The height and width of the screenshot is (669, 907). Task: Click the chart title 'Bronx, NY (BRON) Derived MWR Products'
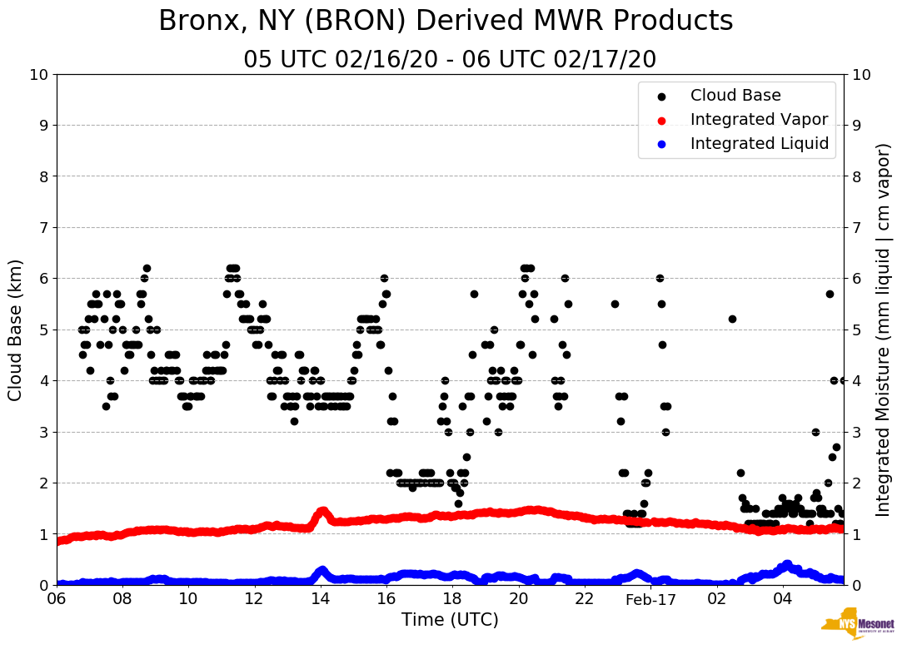pos(446,21)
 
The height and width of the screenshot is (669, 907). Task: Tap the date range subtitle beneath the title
pos(450,60)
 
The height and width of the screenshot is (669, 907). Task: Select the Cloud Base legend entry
pos(735,96)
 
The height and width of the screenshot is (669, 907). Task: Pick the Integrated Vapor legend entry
pos(758,120)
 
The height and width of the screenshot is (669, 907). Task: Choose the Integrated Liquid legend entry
pos(759,144)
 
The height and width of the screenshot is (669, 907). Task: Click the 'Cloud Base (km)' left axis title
pos(15,330)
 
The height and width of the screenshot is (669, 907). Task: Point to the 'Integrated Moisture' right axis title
pos(884,330)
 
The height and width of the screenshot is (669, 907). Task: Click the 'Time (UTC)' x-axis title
pos(450,620)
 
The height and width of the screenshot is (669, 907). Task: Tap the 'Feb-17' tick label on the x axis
pos(650,599)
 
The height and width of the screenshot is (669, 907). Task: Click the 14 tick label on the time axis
pos(321,599)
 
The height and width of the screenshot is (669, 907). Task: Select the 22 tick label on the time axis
pos(585,599)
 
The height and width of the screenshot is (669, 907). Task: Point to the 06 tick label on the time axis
pos(57,599)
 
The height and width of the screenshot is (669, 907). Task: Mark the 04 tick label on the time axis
pos(782,599)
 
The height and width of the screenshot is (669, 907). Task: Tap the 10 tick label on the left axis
pos(37,74)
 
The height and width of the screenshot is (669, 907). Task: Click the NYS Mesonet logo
pos(857,627)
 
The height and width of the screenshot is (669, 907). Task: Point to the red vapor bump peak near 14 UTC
pos(322,510)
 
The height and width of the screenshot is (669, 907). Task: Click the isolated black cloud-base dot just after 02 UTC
pos(732,319)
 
